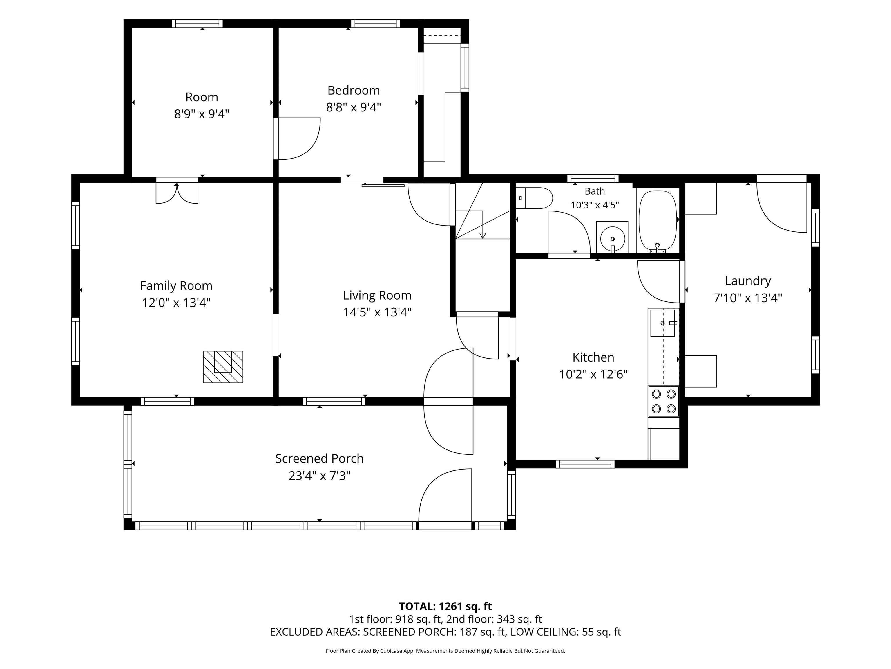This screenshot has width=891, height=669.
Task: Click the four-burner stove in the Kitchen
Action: tap(663, 401)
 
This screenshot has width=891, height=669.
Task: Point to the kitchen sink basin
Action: tap(662, 323)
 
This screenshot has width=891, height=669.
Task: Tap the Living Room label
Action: tap(377, 295)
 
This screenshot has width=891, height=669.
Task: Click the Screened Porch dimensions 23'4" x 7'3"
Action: tap(319, 476)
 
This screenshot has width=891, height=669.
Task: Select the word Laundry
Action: tap(748, 281)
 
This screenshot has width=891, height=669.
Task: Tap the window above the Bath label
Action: tap(593, 178)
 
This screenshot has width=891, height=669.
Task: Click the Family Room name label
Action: tap(176, 285)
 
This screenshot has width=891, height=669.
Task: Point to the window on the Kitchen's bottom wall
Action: tap(585, 464)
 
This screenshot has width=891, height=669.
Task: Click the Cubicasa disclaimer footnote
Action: tap(445, 650)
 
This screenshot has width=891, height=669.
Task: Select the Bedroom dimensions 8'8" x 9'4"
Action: tap(353, 107)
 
